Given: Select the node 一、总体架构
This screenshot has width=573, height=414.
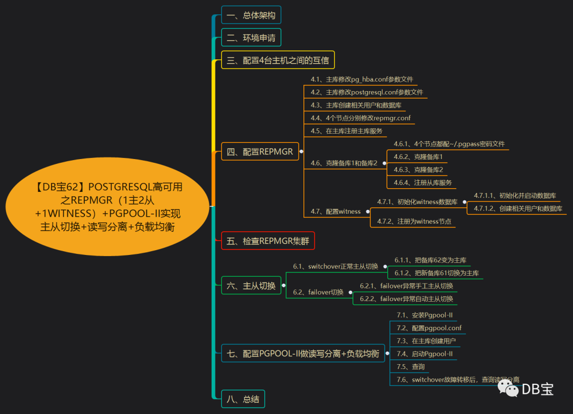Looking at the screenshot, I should [251, 15].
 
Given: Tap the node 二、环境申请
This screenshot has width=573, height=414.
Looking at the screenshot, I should [251, 38].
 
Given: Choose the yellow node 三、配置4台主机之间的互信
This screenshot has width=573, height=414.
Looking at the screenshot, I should [278, 60].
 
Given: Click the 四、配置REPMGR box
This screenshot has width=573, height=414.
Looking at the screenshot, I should [260, 151].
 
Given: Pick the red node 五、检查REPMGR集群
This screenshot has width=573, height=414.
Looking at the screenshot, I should [268, 241].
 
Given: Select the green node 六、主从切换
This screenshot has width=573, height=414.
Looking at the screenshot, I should [251, 286].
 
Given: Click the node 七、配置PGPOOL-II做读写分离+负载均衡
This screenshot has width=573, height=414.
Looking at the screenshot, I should [303, 354].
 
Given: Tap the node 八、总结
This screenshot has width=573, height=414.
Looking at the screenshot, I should [243, 399].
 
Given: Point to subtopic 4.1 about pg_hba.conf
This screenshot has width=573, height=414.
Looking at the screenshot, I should [362, 80].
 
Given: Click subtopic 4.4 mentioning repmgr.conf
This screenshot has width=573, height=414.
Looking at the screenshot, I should [361, 118].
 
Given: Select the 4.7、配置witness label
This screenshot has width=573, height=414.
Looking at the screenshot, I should [336, 212].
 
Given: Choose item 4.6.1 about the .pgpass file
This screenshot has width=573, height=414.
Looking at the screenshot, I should [449, 144].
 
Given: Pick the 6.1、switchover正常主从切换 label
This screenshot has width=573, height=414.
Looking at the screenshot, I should [336, 266].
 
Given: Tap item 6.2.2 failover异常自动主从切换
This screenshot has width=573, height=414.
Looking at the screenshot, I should [406, 298].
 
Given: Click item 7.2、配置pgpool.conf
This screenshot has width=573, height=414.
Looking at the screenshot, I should [429, 328].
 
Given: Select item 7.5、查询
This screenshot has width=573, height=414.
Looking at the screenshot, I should [411, 366].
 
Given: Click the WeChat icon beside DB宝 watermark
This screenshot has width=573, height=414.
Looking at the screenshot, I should [508, 390].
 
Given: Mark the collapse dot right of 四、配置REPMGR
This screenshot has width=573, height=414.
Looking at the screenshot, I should [301, 151].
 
